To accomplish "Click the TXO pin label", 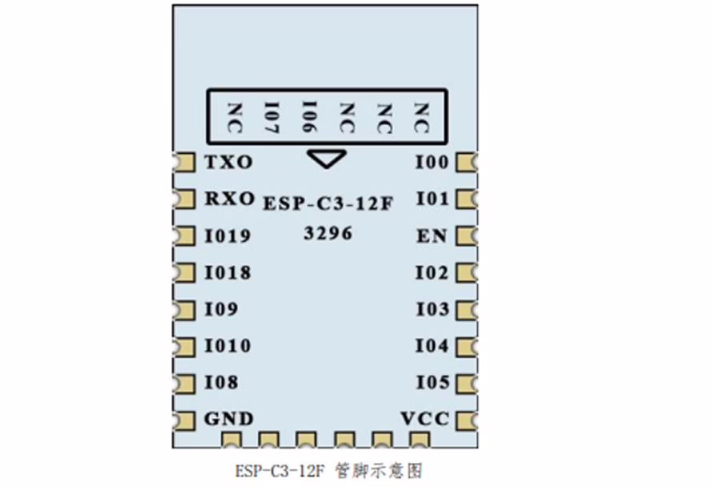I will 228,163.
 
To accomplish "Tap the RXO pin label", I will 229,198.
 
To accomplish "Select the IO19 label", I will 227,236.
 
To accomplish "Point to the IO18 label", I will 227,273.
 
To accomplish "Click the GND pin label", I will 228,418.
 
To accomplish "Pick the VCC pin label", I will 424,418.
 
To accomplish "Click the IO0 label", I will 432,163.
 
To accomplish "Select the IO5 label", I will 432,383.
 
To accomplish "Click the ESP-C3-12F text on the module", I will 328,204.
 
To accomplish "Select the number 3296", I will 328,234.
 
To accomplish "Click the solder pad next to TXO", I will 184,163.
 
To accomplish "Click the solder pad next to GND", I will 184,419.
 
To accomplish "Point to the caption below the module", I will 329,469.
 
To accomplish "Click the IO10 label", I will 227,346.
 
